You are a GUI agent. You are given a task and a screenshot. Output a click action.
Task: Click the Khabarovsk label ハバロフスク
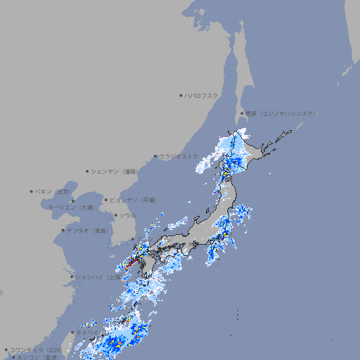(202, 95)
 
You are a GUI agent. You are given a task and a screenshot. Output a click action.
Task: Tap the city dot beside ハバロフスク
(181, 95)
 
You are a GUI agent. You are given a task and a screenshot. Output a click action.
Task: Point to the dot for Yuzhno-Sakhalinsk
(242, 113)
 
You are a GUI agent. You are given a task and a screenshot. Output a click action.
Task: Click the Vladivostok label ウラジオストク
(179, 156)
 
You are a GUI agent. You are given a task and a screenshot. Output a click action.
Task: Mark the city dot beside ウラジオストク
(155, 157)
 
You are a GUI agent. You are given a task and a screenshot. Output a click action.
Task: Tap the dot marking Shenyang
(87, 171)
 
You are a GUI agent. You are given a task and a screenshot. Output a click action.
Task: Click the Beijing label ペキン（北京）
(54, 191)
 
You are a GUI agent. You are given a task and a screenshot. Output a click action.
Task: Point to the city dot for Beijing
(32, 191)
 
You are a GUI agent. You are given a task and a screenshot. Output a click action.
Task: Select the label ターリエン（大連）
(71, 207)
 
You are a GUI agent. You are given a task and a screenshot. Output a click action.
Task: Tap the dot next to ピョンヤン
(106, 200)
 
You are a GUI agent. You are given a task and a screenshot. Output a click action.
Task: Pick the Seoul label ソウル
(127, 215)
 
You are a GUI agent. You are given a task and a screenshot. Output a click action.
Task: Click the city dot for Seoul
(115, 215)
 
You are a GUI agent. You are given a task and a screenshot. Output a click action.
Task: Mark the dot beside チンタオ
(63, 230)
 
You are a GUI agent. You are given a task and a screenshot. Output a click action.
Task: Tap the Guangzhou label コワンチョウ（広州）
(35, 349)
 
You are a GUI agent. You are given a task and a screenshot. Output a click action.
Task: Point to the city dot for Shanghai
(72, 277)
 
